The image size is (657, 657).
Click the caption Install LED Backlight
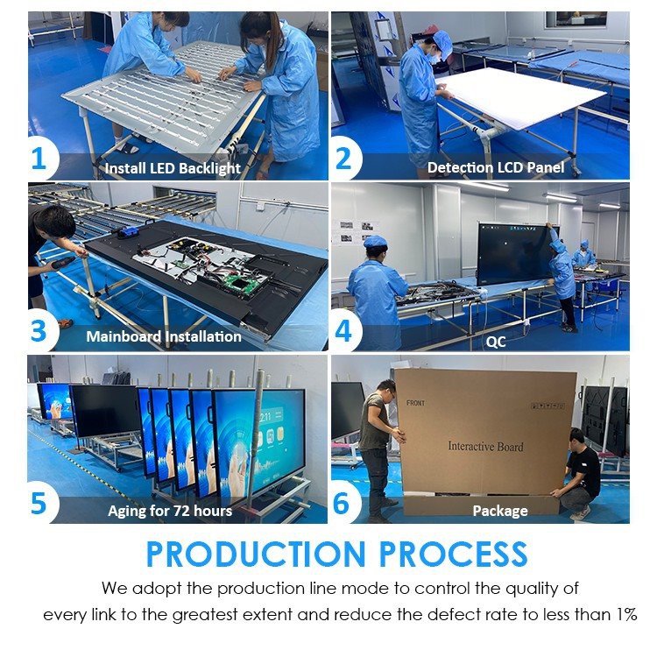[173, 167]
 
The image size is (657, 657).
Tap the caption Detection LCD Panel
[496, 166]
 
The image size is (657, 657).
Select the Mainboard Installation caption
[164, 336]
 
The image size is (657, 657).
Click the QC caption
[496, 342]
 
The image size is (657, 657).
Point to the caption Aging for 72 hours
[170, 510]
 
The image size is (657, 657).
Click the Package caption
[500, 510]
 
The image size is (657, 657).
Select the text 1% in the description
[624, 614]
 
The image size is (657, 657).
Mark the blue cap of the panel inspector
[442, 39]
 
